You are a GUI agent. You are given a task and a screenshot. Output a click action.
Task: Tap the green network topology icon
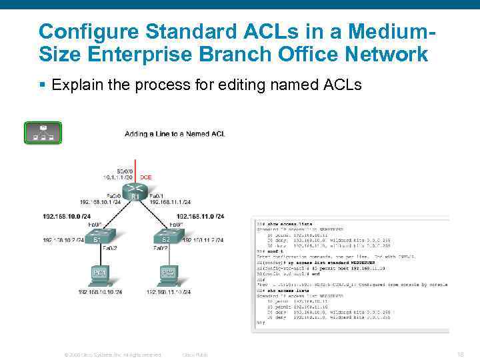tap(43, 133)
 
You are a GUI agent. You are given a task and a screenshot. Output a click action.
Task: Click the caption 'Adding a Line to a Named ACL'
tap(175, 134)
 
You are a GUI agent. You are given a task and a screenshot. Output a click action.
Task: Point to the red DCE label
tap(146, 177)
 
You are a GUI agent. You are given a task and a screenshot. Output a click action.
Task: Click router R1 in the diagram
tap(135, 192)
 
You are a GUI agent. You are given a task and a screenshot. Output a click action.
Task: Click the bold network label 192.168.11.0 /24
tap(200, 216)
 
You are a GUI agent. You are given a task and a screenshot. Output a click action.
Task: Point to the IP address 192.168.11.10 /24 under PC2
tap(169, 292)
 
